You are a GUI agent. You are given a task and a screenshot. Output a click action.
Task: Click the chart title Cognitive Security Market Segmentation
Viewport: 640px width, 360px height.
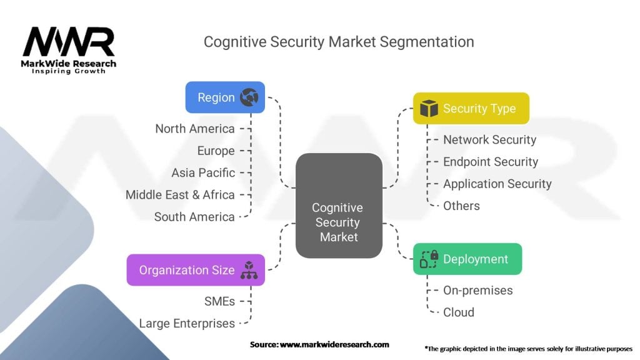click(x=339, y=42)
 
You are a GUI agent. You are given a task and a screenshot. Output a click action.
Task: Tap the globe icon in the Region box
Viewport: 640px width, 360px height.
click(x=249, y=97)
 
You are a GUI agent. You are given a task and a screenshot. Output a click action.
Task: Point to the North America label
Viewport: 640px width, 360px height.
click(x=195, y=129)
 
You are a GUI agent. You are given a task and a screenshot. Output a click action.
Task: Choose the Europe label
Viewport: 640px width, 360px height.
click(x=216, y=151)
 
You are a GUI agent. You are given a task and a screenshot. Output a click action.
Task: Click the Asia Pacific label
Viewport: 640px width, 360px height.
click(x=203, y=172)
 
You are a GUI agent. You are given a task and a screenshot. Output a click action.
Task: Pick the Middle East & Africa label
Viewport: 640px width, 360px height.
click(x=180, y=194)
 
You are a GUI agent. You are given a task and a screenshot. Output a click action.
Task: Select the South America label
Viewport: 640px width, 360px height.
click(x=194, y=217)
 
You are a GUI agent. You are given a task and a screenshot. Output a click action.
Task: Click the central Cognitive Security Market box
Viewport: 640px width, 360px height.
click(x=339, y=206)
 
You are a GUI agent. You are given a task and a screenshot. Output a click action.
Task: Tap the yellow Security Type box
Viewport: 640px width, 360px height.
click(x=471, y=108)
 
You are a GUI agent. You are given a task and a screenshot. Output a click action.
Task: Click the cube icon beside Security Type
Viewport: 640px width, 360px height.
click(x=429, y=108)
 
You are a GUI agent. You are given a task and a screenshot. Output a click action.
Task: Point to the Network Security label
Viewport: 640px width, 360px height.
click(x=489, y=139)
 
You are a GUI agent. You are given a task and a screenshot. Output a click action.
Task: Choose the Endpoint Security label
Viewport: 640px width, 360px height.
click(x=491, y=161)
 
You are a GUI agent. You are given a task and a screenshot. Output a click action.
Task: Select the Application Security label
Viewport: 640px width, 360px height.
click(x=497, y=184)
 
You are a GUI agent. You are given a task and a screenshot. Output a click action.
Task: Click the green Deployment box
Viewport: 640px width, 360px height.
click(x=467, y=259)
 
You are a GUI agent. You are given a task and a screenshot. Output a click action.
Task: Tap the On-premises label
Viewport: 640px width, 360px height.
click(x=477, y=290)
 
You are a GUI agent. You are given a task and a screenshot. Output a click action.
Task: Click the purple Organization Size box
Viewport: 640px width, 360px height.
click(x=196, y=270)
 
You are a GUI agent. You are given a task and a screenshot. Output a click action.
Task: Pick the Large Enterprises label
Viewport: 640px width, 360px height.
click(x=187, y=323)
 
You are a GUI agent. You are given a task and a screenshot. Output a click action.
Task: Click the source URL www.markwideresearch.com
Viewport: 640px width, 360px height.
click(x=334, y=344)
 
